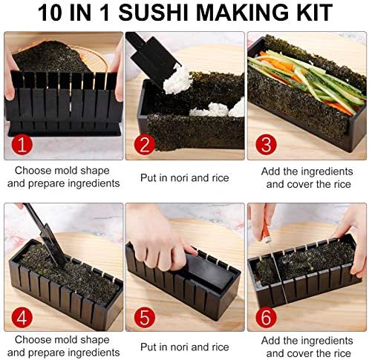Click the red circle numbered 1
pyautogui.click(x=22, y=145)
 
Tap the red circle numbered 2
pyautogui.click(x=145, y=145)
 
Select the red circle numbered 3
pyautogui.click(x=266, y=145)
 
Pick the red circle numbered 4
pyautogui.click(x=22, y=318)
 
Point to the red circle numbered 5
pyautogui.click(x=145, y=318)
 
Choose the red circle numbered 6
pyautogui.click(x=266, y=318)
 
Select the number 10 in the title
pyautogui.click(x=50, y=13)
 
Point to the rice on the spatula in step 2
pyautogui.click(x=177, y=80)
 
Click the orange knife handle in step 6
pyautogui.click(x=266, y=231)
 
